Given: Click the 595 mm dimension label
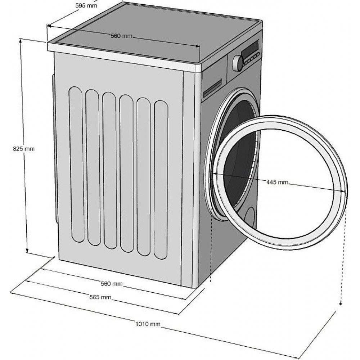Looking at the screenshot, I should (x=86, y=6).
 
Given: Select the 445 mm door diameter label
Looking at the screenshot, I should (x=277, y=182).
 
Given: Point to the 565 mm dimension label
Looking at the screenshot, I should (x=100, y=297).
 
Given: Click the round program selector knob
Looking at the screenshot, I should (x=238, y=63).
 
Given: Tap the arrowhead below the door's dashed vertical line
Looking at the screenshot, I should (x=341, y=304).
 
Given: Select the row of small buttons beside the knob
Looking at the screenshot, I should (x=252, y=59).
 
